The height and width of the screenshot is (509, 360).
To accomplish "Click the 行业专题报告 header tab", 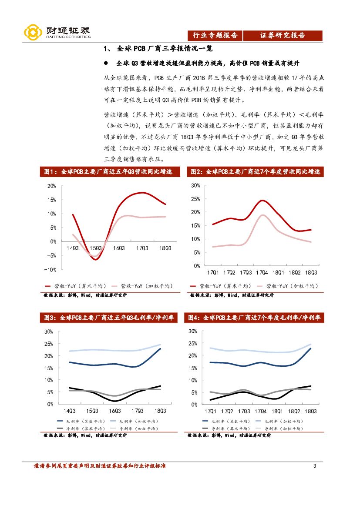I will tap(215, 36).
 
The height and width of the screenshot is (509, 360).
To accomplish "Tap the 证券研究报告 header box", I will tap(283, 36).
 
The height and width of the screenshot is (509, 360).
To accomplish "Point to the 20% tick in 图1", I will tap(51, 186).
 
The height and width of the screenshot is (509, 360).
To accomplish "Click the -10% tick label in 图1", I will tap(50, 270).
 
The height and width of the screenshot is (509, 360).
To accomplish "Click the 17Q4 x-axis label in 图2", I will tap(262, 273).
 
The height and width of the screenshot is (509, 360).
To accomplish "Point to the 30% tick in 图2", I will tap(195, 185).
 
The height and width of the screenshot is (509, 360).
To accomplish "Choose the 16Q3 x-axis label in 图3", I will tap(115, 411).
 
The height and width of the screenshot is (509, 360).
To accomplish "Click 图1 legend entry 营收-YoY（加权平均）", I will tap(141, 286).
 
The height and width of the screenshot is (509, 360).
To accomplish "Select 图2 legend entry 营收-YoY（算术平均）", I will tap(221, 286).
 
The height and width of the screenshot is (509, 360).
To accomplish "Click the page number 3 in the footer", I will tap(314, 467).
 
